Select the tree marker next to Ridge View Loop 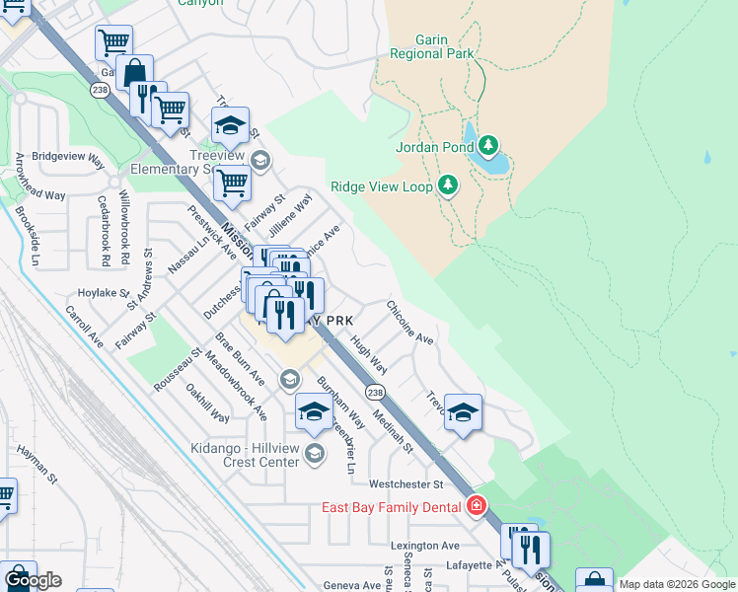(x=448, y=185)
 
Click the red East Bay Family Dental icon (x=477, y=507)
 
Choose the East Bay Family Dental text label (x=392, y=507)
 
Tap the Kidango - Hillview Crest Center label (x=245, y=455)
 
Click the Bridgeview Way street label (x=68, y=157)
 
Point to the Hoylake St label (x=104, y=293)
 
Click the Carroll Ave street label (x=85, y=327)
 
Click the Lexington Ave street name (x=424, y=546)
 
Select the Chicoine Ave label (x=410, y=324)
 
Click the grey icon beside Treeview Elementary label (x=260, y=160)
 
